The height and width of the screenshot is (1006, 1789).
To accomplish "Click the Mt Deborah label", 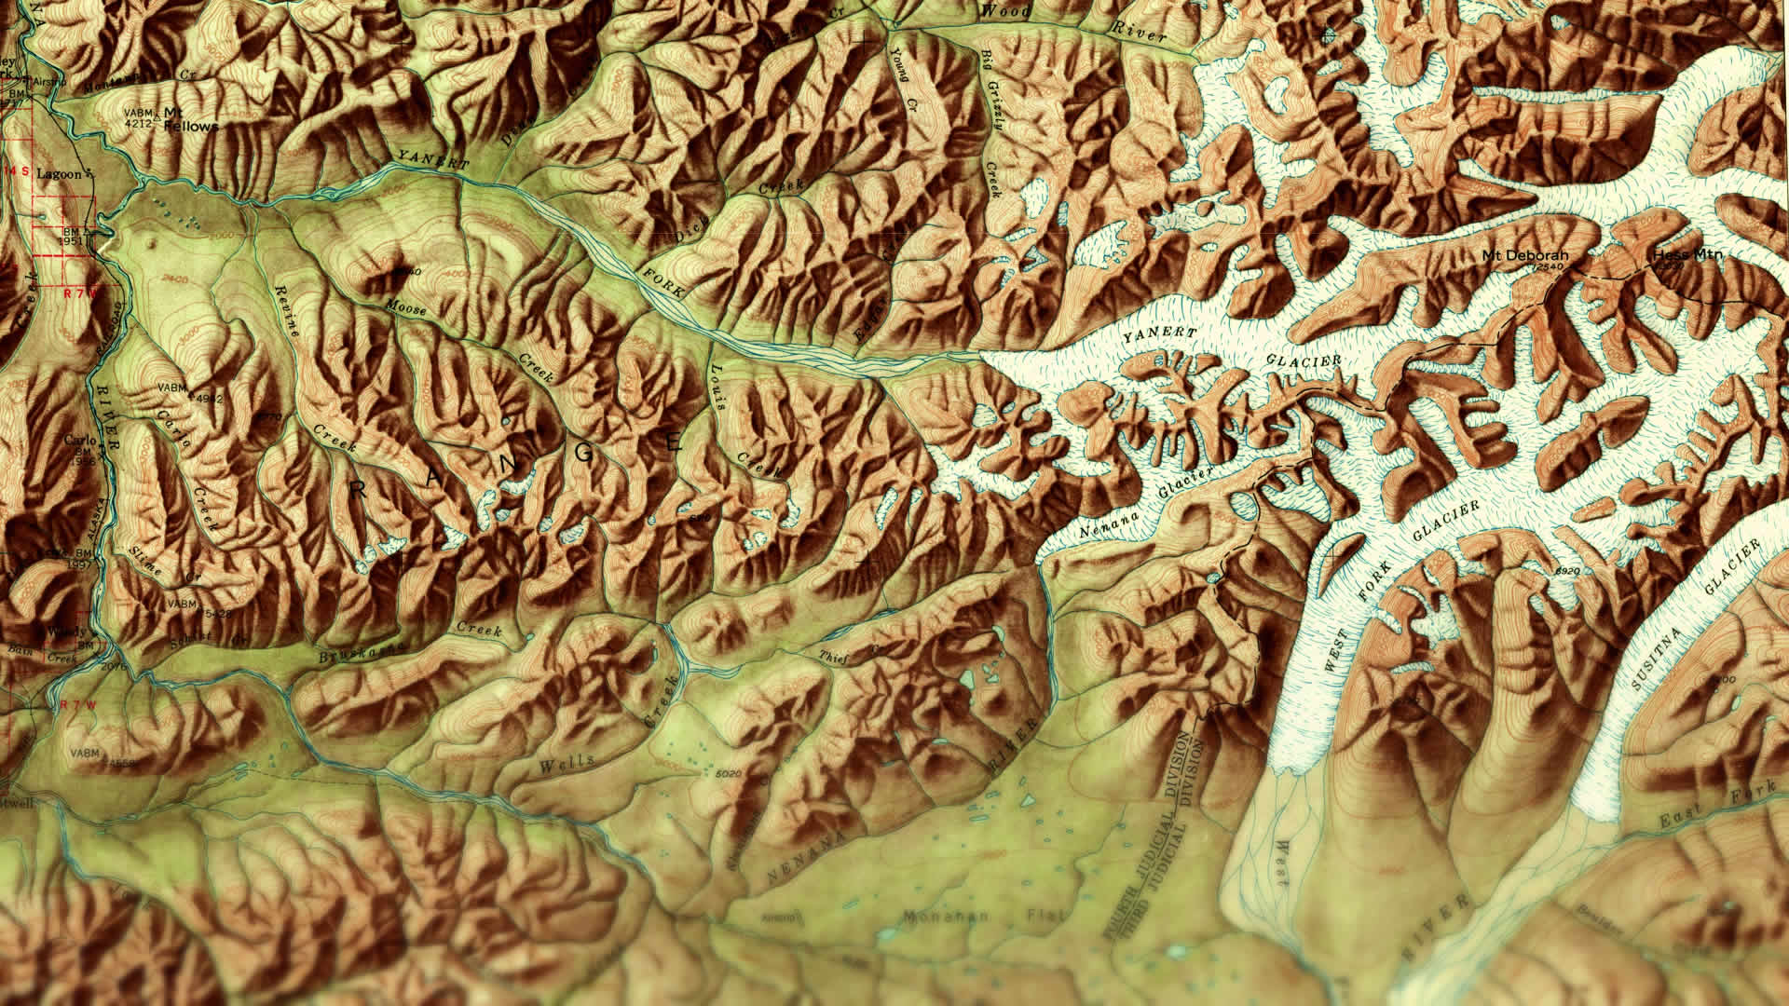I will coord(1525,255).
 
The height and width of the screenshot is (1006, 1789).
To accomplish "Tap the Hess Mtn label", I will coord(1687,254).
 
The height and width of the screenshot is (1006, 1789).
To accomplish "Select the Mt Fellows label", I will coord(190,119).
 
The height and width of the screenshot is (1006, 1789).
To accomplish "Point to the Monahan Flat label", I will coord(978,917).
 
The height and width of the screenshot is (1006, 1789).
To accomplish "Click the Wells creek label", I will coord(566,764).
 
